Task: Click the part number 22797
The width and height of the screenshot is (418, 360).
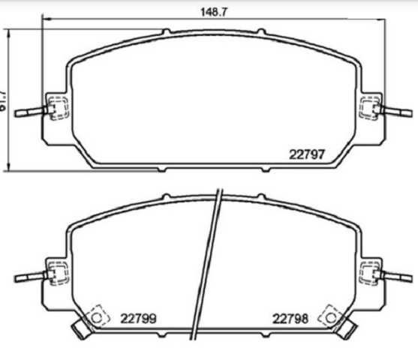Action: coord(307,155)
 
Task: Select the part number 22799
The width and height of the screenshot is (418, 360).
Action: coord(138,317)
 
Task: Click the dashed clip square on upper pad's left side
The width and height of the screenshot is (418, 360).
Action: coord(56,108)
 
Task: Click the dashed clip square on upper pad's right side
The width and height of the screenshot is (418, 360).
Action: coord(370,108)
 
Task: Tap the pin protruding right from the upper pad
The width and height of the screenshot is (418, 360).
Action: coord(398,113)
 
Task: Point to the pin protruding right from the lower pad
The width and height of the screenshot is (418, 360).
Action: coord(398,275)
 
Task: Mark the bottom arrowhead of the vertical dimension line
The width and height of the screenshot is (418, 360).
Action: coord(9,166)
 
